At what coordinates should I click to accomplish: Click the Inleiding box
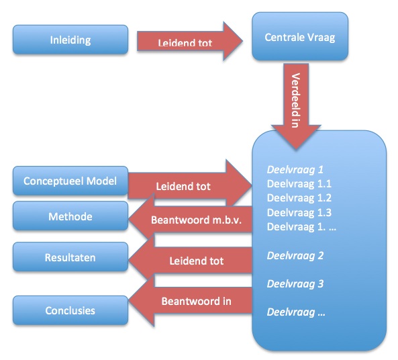(70, 40)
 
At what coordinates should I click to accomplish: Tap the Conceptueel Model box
(70, 181)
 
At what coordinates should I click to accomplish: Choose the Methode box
(70, 217)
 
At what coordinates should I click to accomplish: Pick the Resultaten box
(70, 257)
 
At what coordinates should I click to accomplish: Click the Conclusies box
(70, 310)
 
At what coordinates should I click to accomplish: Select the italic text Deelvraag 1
(295, 170)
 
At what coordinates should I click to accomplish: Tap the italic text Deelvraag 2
(295, 255)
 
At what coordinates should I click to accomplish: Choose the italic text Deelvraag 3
(295, 284)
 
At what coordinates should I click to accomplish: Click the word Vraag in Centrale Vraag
(319, 38)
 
